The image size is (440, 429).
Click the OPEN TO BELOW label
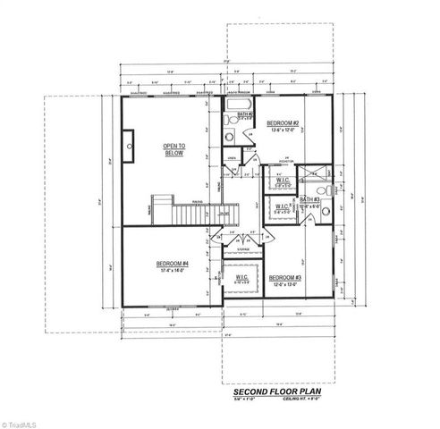173,149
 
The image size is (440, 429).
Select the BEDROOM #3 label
283,277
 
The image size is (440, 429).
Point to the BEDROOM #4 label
172,264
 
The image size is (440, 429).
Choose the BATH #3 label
311,199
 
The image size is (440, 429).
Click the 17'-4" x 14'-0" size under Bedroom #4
171,272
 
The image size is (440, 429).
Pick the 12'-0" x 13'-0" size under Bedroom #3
284,285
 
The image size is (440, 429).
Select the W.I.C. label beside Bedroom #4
241,278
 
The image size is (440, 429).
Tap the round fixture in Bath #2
230,137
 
